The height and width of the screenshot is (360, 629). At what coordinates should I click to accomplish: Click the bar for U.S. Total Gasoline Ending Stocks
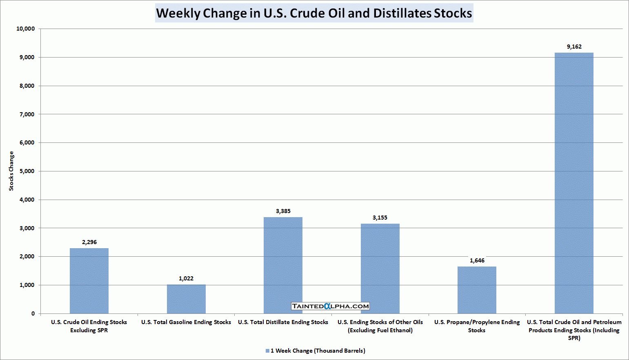pos(186,299)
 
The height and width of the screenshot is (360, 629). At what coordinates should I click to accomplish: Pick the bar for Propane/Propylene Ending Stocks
pos(477,290)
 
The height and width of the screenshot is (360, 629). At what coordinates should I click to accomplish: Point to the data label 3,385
pos(283,211)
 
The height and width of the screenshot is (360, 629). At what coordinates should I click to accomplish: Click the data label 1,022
pos(186,278)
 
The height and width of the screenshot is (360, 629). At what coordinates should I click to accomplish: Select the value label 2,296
pos(89,242)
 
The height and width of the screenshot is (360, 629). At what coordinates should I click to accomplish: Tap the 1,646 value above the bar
pos(477,260)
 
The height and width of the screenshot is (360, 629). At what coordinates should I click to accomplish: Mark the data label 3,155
pos(380,218)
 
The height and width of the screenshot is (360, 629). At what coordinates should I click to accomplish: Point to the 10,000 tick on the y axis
pos(26,29)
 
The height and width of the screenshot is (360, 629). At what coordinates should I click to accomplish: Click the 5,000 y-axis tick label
pos(27,171)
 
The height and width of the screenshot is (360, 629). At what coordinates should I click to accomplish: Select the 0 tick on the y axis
pos(33,313)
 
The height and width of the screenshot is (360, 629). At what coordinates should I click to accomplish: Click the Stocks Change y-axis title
pos(11,171)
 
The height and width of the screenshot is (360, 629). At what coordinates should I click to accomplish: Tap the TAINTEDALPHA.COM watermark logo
pos(331,306)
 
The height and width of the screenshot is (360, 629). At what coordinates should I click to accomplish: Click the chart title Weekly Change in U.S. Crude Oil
pos(314,13)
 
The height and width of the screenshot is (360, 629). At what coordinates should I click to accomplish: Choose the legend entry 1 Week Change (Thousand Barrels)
pos(318,351)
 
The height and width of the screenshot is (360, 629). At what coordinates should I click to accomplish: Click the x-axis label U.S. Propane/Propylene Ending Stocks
pos(477,326)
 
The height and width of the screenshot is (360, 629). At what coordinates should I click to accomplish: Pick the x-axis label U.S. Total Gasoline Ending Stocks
pos(186,322)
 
